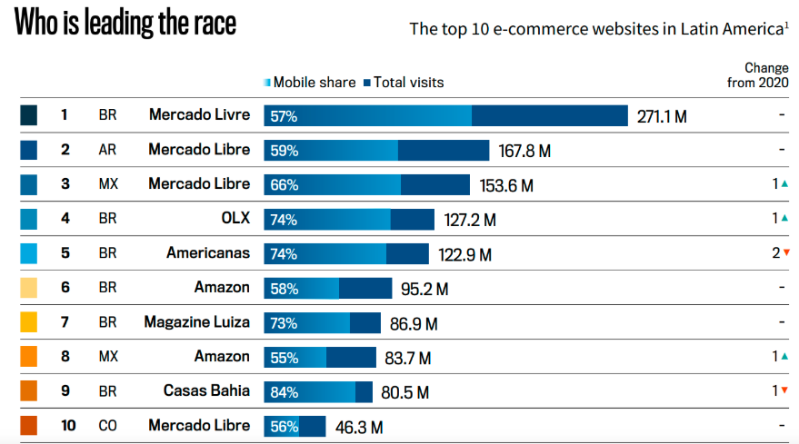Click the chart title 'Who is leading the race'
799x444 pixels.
(x=125, y=23)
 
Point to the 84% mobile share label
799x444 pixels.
(x=284, y=391)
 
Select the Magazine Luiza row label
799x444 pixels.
(x=196, y=322)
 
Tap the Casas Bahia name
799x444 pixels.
(x=206, y=391)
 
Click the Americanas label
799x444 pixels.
(x=207, y=253)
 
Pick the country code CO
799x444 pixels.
(x=107, y=425)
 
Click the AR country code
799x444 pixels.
(x=107, y=150)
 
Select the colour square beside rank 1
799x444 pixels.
(x=28, y=116)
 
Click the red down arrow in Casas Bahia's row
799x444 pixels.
(x=784, y=390)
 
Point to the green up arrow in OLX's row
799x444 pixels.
(x=784, y=219)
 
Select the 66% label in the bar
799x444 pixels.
(x=284, y=184)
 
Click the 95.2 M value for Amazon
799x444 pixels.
(x=424, y=289)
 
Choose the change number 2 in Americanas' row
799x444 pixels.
(x=775, y=253)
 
